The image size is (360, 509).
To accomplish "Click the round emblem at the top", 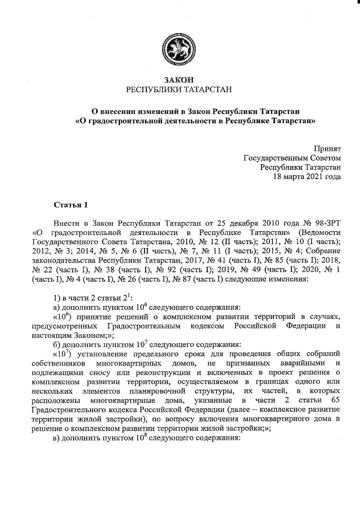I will tap(179, 49).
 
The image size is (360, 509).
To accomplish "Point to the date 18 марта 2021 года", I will tap(307, 176).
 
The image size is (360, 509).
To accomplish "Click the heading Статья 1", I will tap(71, 204).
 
